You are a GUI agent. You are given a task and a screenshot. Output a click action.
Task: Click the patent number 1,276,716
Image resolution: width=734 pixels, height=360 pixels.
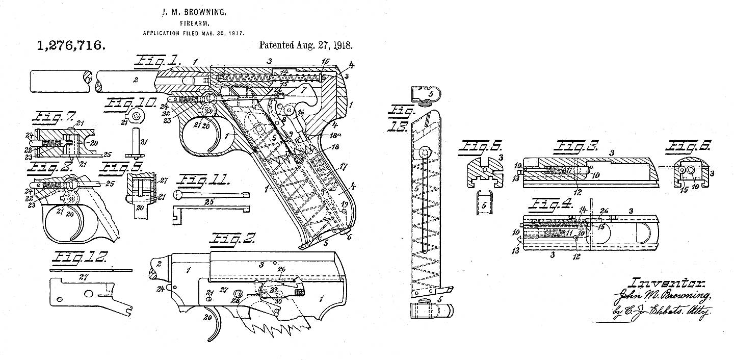(71, 45)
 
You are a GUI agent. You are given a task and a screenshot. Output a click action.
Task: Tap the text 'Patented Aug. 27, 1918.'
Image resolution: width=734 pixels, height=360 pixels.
(306, 44)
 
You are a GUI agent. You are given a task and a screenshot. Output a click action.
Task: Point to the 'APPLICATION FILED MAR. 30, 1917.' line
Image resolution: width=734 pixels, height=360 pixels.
(193, 33)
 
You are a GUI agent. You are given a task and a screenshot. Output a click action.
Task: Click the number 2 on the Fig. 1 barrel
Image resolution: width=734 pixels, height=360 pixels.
(136, 80)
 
